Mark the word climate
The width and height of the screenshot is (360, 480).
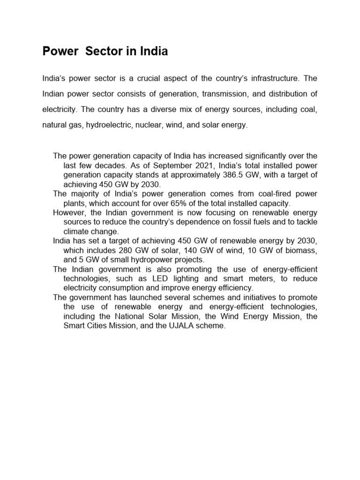click(77, 232)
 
